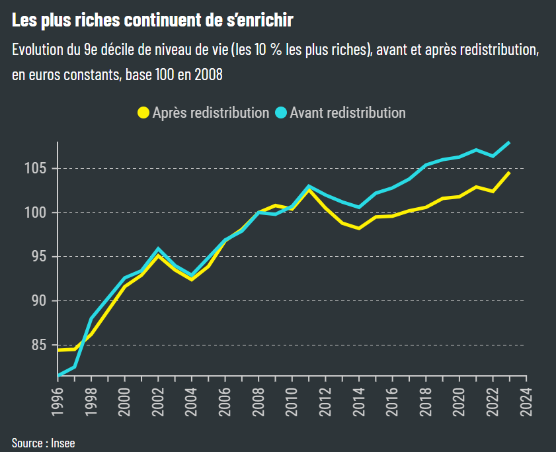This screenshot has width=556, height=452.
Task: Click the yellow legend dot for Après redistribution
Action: click(143, 113)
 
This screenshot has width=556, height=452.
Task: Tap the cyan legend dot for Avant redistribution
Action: click(281, 113)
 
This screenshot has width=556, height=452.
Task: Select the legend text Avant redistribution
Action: click(347, 113)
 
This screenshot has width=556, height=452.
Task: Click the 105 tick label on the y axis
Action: click(36, 168)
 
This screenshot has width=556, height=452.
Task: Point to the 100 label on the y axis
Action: click(36, 212)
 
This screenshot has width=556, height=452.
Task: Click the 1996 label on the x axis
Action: click(58, 400)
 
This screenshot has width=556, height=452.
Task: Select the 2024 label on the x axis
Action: click(526, 400)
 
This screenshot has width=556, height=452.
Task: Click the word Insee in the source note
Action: click(63, 443)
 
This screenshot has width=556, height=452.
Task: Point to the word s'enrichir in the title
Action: click(259, 21)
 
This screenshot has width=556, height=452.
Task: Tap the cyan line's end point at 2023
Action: click(508, 142)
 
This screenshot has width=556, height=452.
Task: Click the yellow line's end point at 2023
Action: click(508, 173)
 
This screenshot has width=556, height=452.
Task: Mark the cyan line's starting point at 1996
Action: click(59, 375)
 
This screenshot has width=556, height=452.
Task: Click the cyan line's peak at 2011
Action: click(309, 186)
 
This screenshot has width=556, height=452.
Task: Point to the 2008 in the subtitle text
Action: click(208, 75)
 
